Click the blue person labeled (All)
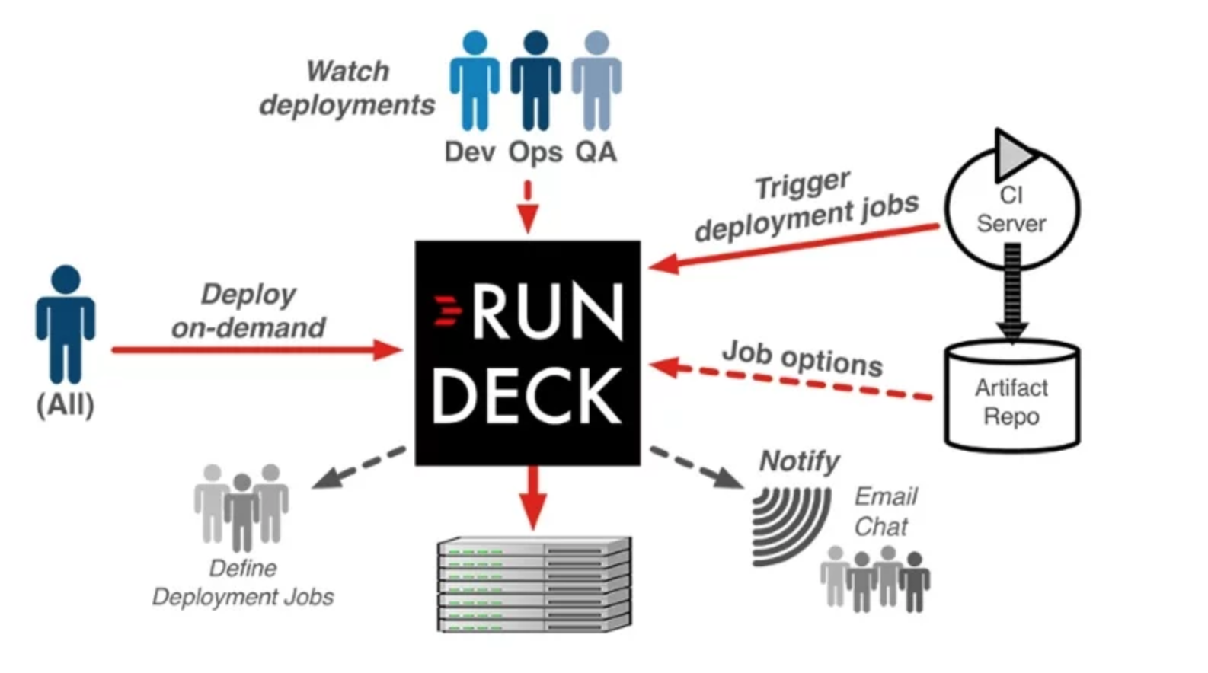click(x=66, y=324)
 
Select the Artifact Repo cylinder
click(x=1011, y=396)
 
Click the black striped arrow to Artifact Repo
click(x=1012, y=293)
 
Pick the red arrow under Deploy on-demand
click(x=255, y=350)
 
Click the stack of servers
click(x=534, y=585)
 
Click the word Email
click(x=885, y=496)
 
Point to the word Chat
click(x=880, y=527)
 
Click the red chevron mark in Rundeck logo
click(x=448, y=311)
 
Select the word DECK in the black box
click(x=527, y=396)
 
